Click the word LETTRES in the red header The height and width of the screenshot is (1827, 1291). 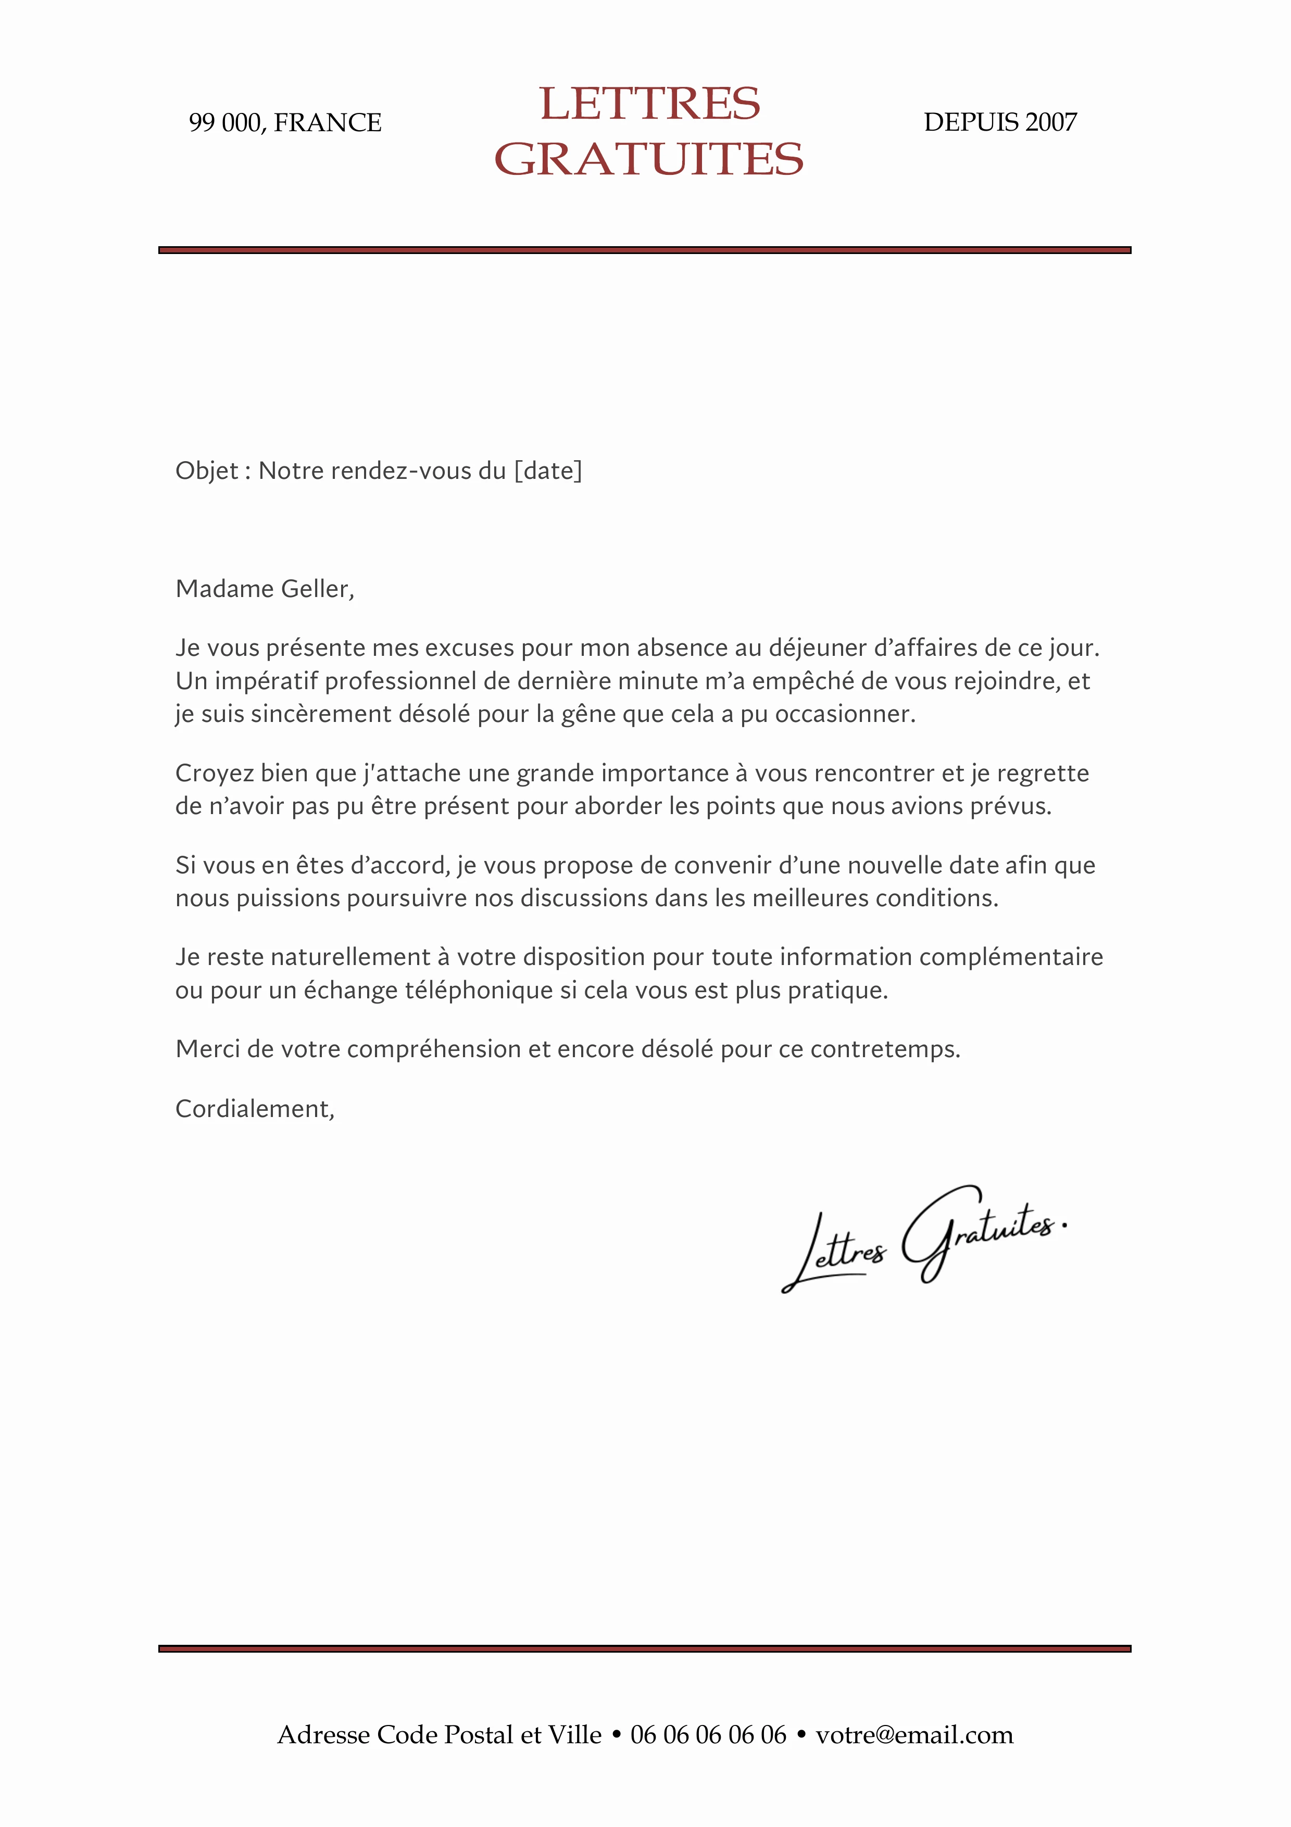649,104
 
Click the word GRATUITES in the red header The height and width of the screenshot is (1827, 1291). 649,159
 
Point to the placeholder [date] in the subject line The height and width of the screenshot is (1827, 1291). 548,471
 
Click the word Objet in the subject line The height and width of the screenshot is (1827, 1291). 207,471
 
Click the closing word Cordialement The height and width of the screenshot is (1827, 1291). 254,1109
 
